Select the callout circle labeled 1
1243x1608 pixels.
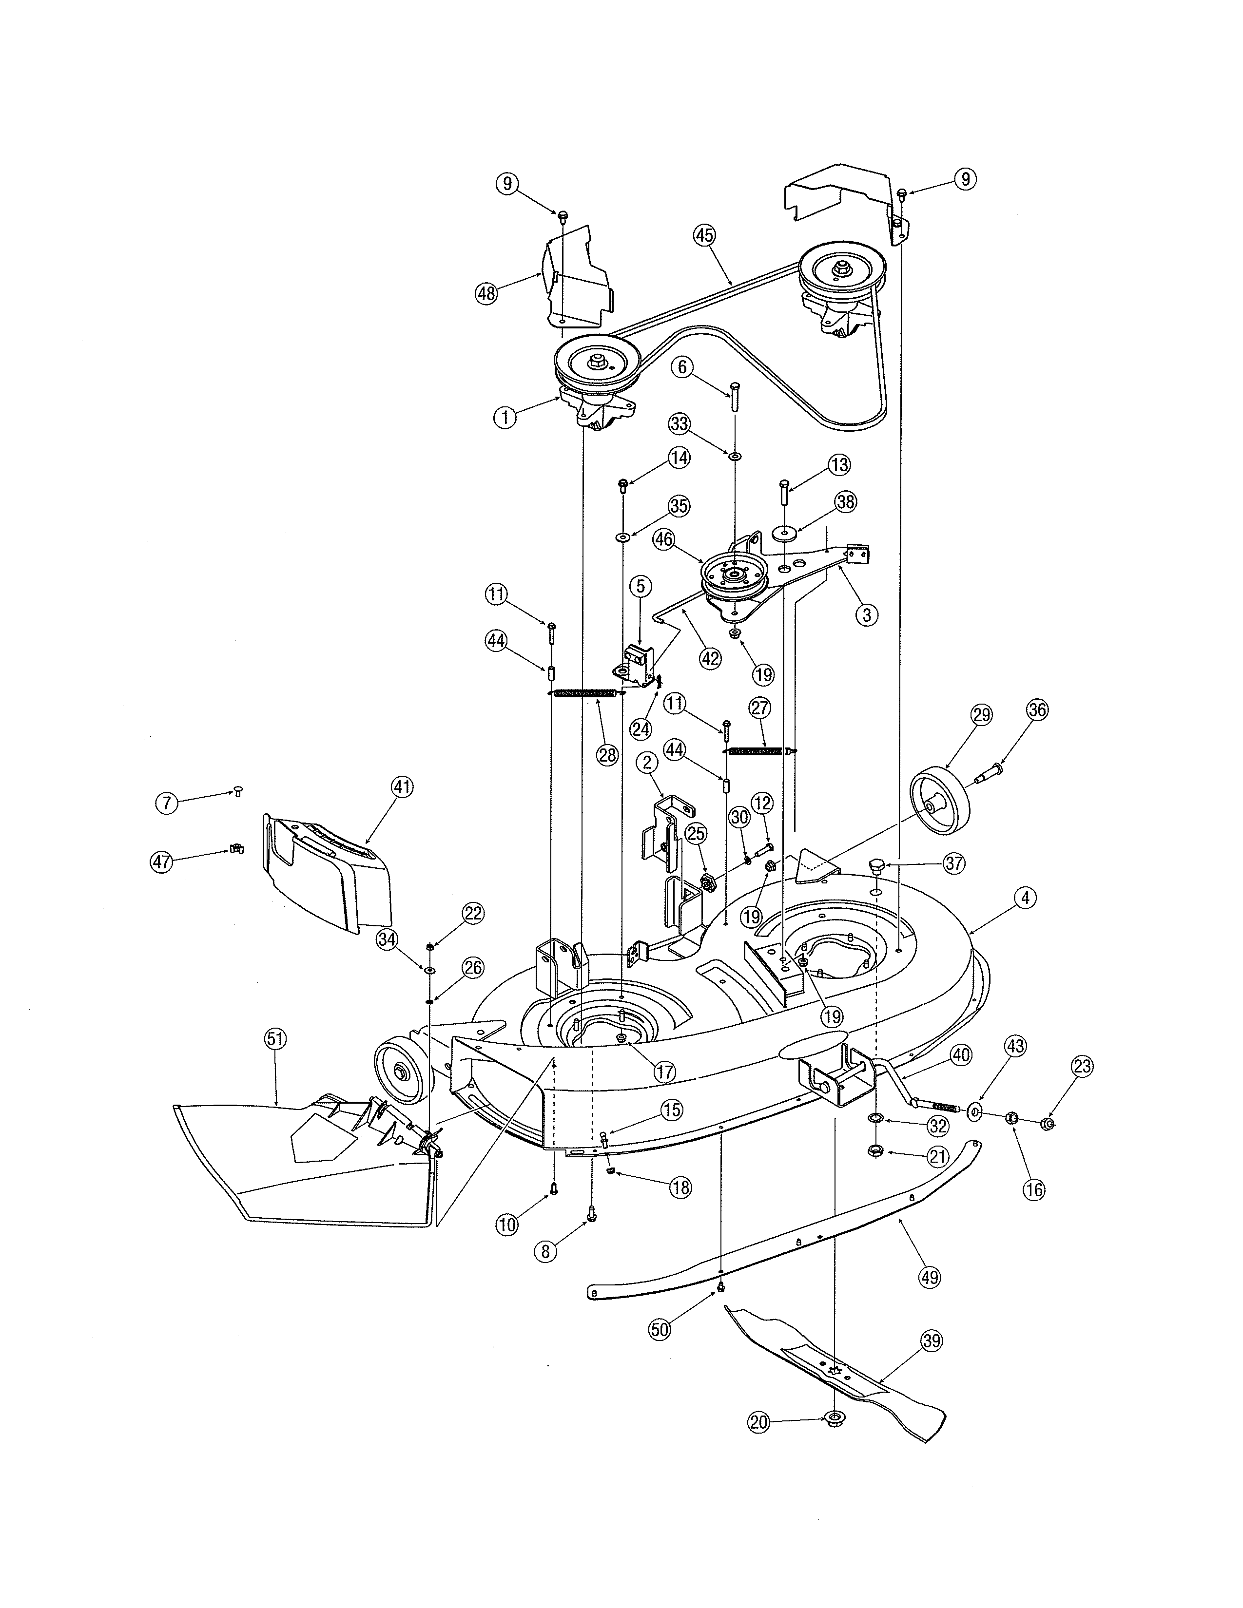pyautogui.click(x=505, y=418)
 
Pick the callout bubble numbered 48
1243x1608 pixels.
pyautogui.click(x=486, y=293)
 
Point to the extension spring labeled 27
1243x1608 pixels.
pyautogui.click(x=755, y=750)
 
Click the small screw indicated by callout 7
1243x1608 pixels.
pyautogui.click(x=238, y=791)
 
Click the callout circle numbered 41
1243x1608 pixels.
pyautogui.click(x=401, y=788)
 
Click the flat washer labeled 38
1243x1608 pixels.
pyautogui.click(x=785, y=532)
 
